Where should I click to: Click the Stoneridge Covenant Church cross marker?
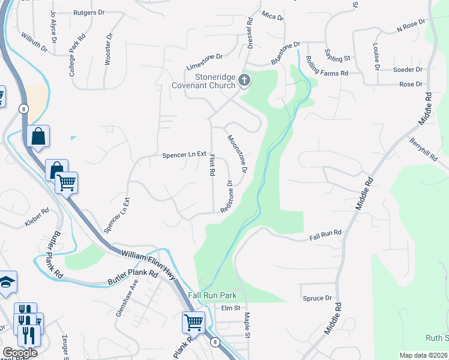(x=244, y=80)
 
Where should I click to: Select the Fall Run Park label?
(x=212, y=295)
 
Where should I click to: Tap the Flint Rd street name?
(x=211, y=164)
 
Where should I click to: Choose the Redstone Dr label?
(x=226, y=196)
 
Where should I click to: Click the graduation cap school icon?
(x=6, y=283)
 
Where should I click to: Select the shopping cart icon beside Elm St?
(x=193, y=322)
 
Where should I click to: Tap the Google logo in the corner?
(x=19, y=353)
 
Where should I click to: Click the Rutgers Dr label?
(x=89, y=12)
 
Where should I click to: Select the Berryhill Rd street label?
(x=423, y=148)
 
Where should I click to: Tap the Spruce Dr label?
(x=318, y=298)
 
